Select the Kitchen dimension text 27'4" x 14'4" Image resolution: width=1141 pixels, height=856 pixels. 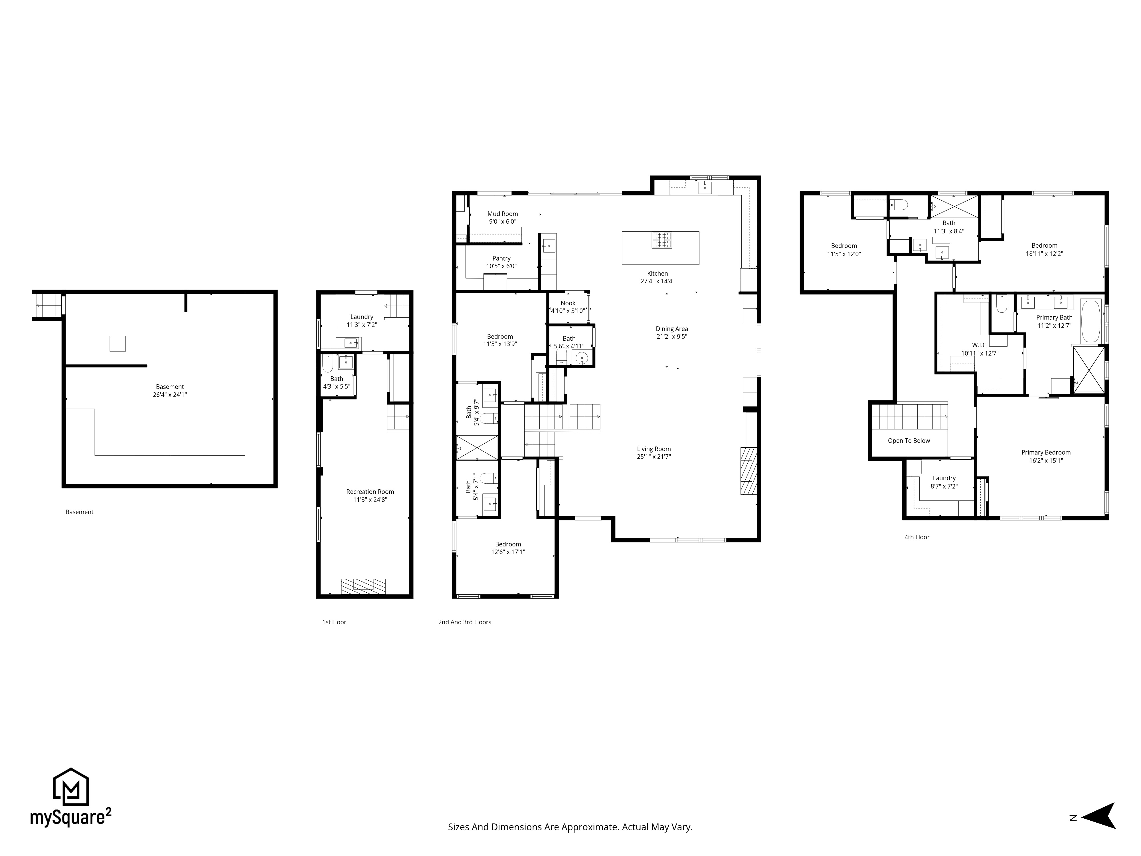point(658,281)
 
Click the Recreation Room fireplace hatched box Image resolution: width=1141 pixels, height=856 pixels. point(363,586)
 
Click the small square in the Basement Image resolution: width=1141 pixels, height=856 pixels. point(118,344)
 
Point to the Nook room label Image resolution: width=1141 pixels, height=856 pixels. point(568,303)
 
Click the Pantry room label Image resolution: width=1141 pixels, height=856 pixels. point(501,259)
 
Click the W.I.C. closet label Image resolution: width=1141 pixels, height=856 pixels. point(980,345)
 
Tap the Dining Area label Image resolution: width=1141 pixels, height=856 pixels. point(671,329)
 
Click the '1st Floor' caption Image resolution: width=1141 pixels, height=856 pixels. point(334,622)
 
